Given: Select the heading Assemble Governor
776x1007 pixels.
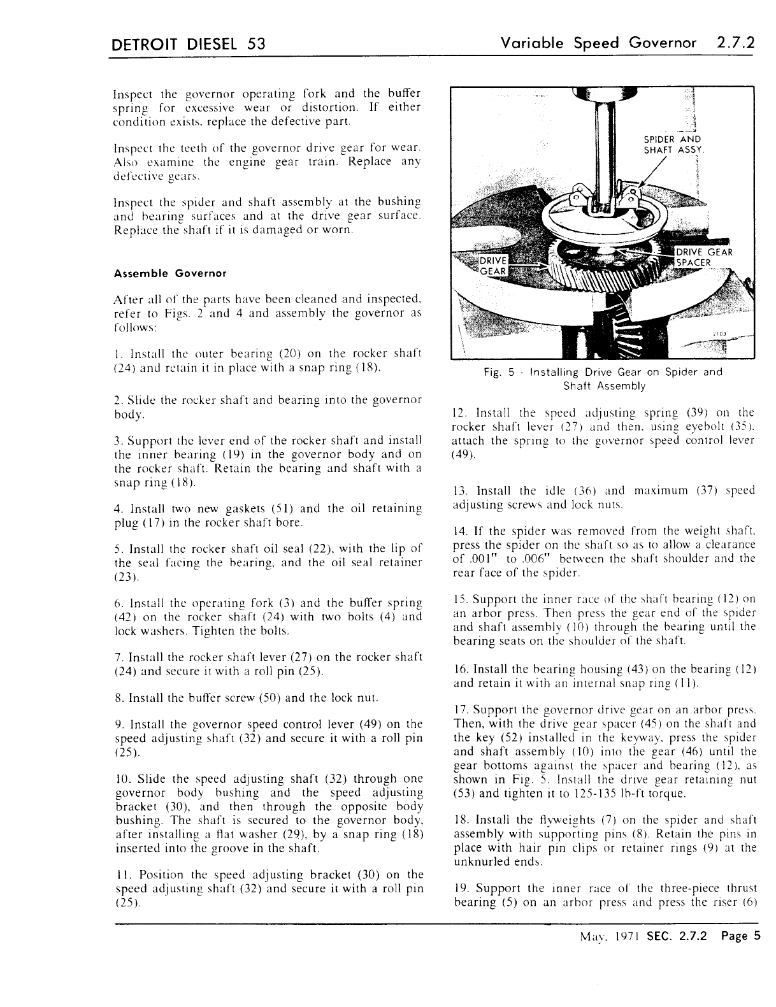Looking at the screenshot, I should click(170, 273).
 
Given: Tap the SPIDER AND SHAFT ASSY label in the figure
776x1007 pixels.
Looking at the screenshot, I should click(672, 145).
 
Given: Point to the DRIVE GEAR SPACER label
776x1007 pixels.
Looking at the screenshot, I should click(703, 257).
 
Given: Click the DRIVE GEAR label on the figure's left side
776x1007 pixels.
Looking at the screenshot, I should click(493, 266).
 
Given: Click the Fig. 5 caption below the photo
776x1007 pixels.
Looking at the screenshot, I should click(603, 378).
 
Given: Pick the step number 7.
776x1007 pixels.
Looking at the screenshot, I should click(119, 657).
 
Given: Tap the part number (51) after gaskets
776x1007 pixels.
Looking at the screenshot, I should click(282, 509).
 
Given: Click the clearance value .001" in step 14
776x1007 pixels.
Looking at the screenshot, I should click(485, 559).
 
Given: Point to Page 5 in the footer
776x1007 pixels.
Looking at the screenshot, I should click(741, 936).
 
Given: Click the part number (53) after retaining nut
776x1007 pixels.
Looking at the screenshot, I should click(465, 794).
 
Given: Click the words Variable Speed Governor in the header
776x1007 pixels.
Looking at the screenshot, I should click(598, 43).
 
